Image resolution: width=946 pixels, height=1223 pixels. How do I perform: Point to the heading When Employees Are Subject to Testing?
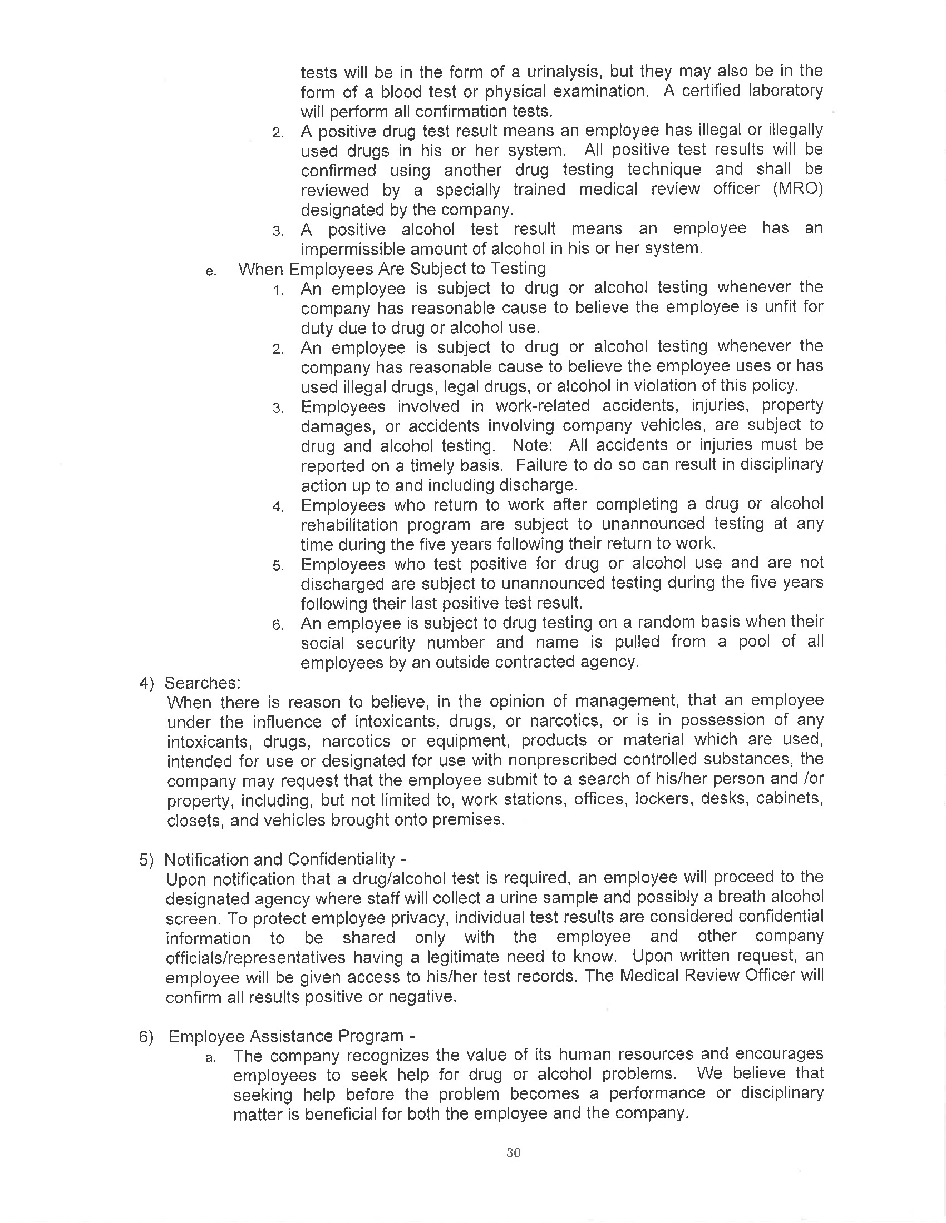coord(392,269)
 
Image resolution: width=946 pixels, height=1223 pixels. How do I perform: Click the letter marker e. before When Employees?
coord(211,272)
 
